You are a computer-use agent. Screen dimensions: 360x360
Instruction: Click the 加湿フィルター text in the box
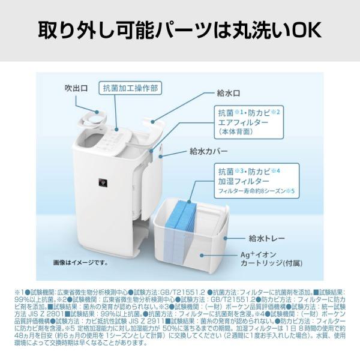coord(241,181)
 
